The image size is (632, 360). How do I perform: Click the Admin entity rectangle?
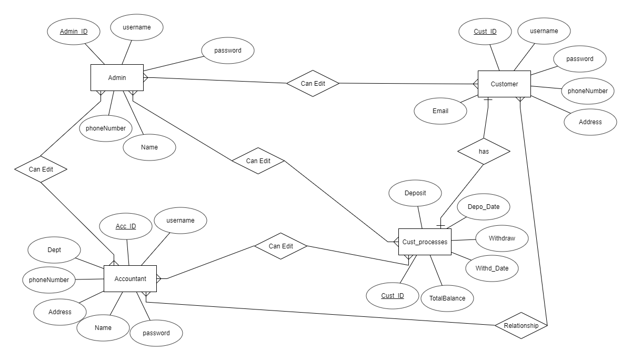click(117, 78)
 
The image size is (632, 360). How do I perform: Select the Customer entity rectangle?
click(504, 84)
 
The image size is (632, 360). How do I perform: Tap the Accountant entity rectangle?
click(130, 278)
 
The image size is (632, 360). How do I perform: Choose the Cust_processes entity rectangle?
click(425, 242)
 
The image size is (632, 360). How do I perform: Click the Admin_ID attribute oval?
click(74, 32)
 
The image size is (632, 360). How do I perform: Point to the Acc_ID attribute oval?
click(126, 226)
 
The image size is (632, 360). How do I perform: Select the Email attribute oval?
click(440, 111)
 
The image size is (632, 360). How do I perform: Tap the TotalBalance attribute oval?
click(447, 298)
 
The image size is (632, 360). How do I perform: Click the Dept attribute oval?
click(54, 251)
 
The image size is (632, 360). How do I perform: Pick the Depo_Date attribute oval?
click(483, 207)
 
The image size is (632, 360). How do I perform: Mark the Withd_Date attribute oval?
click(492, 268)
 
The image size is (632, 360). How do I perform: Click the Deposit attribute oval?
click(415, 193)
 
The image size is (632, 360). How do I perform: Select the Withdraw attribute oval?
click(501, 238)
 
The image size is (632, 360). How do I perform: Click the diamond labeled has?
click(484, 151)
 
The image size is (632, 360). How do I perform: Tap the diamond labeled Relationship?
click(521, 326)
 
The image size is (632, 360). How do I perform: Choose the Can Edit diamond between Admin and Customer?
click(313, 84)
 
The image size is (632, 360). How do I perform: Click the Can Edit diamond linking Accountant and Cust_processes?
click(280, 246)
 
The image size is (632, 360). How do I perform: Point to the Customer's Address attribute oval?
click(590, 122)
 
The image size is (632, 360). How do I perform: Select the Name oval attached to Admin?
click(149, 147)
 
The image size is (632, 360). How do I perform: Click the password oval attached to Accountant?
click(156, 333)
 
